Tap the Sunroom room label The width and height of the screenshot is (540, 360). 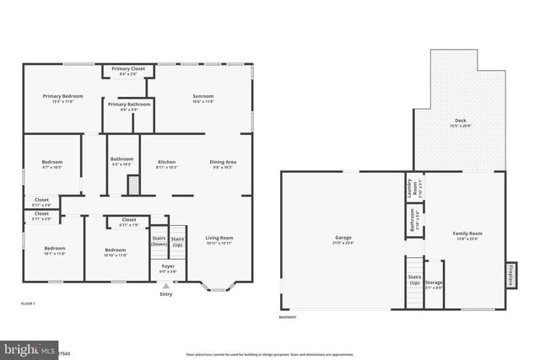(x=202, y=99)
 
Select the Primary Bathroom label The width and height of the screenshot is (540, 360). (x=129, y=106)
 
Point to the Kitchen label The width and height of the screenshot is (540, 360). (x=166, y=164)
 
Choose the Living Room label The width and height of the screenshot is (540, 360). (x=219, y=240)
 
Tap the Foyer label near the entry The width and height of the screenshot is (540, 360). (x=167, y=268)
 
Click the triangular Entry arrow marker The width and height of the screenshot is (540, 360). (x=166, y=287)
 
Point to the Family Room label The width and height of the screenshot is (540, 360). (x=467, y=235)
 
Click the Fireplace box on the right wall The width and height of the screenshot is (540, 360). (x=510, y=274)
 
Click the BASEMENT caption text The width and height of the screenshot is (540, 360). (x=288, y=318)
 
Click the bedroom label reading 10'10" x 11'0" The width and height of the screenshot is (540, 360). (x=116, y=251)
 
